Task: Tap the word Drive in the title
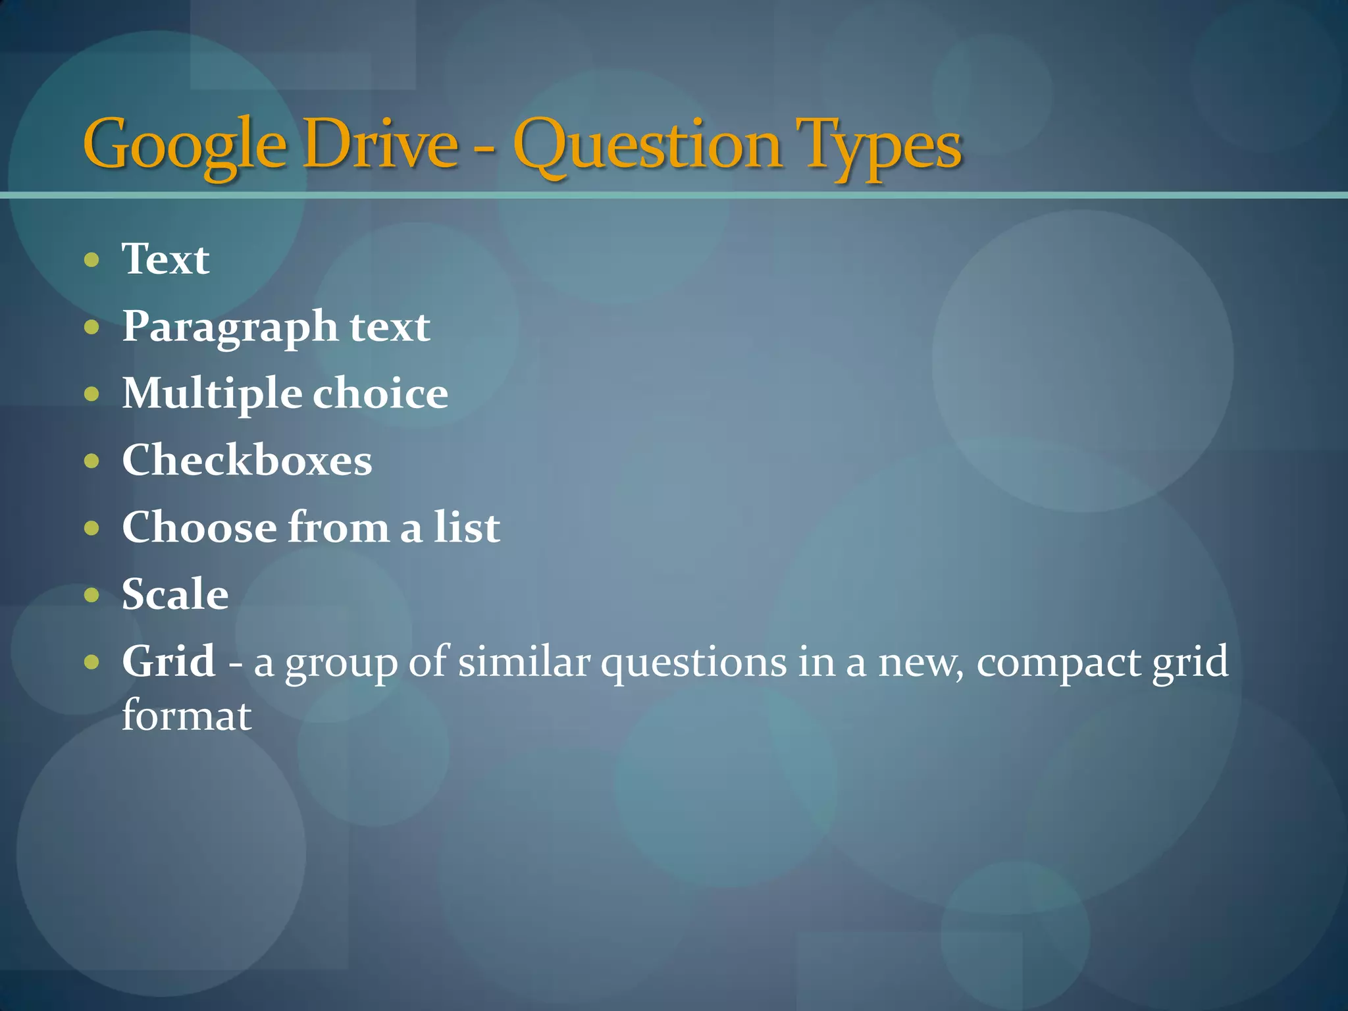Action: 381,143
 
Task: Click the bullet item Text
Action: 166,259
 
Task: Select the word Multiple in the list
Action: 212,394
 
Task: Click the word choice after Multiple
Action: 380,393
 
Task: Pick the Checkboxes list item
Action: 247,460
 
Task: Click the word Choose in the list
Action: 199,527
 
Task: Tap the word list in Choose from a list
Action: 467,527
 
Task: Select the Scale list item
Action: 175,594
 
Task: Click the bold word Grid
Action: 168,661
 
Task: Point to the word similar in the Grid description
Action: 524,661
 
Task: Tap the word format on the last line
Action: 187,716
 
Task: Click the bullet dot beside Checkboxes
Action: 92,461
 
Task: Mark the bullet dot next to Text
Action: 92,260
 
